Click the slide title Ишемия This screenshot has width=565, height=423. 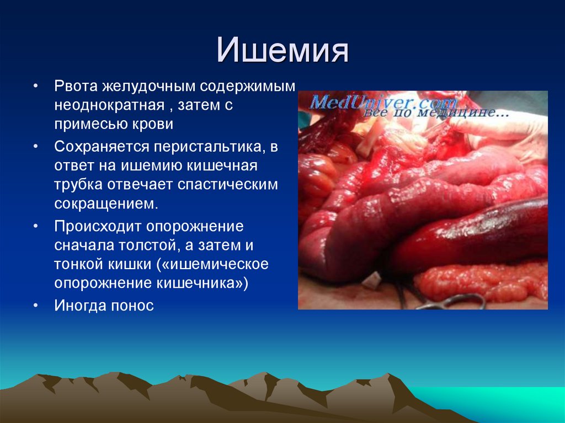[x=282, y=50]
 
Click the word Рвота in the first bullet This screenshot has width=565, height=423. [x=76, y=87]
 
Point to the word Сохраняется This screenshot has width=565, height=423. [x=102, y=147]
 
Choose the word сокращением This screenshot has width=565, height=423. [x=106, y=204]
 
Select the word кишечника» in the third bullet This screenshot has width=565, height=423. [x=202, y=283]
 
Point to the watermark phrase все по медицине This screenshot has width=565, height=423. [x=437, y=112]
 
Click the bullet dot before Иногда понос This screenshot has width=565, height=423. [x=35, y=306]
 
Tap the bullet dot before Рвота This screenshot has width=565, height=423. [x=35, y=87]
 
